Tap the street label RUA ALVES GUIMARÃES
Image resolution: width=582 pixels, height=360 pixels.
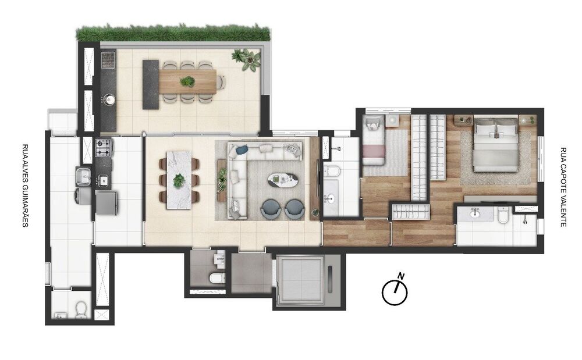25,186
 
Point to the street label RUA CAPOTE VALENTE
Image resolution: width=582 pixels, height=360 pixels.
563,186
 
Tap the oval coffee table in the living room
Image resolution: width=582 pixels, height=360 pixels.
282,181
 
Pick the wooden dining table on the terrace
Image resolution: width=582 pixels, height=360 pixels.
187,82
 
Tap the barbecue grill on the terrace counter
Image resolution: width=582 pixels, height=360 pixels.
108,60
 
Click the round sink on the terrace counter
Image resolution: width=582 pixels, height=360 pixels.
108,99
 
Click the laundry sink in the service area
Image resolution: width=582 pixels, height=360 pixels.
83,175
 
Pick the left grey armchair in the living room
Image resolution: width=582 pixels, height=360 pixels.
271,208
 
